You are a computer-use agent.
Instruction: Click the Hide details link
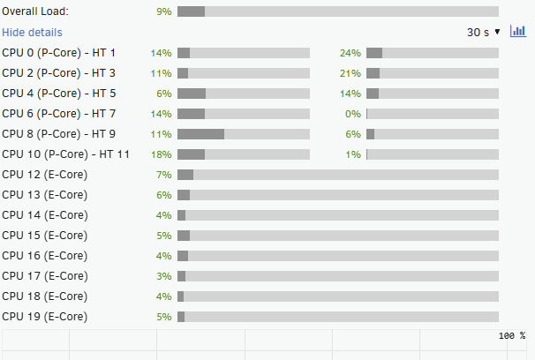[32, 33]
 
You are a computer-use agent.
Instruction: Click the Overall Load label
[35, 11]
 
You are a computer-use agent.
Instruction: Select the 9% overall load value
[163, 11]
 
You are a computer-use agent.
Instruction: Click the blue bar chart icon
[517, 32]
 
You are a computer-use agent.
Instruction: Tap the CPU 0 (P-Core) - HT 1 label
[59, 53]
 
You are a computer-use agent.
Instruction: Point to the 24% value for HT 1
[350, 53]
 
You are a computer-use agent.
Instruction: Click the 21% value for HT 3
[350, 73]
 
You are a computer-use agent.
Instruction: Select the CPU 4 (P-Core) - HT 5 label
[59, 94]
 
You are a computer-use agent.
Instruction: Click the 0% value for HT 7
[353, 114]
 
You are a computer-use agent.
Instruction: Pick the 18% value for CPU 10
[161, 154]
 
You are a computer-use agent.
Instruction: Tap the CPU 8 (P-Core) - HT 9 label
[59, 134]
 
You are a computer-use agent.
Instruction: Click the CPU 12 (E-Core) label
[45, 175]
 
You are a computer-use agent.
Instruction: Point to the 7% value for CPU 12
[163, 175]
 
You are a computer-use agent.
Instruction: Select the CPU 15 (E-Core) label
[45, 236]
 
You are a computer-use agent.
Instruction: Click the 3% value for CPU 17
[163, 276]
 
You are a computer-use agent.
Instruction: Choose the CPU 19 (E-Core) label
[45, 317]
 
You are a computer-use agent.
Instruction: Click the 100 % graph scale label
[511, 336]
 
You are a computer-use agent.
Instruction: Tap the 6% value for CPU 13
[163, 195]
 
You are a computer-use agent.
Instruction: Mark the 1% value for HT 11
[353, 154]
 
